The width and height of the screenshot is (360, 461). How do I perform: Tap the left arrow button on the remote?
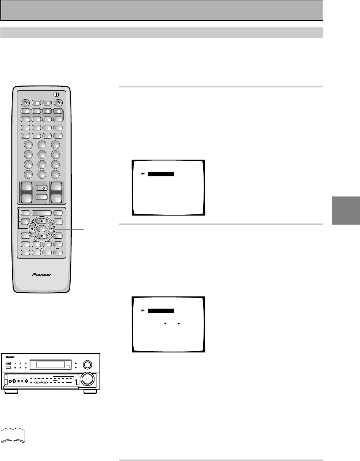coord(32,229)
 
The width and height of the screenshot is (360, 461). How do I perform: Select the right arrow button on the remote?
coord(51,229)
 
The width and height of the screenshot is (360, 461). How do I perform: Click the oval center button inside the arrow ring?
coord(42,229)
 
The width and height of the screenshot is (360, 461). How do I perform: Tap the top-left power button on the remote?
coord(25,102)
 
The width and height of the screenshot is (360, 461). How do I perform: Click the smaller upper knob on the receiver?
coord(87,364)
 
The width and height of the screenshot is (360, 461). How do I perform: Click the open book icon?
coord(13,435)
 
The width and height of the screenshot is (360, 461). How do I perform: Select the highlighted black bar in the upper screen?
coord(161,174)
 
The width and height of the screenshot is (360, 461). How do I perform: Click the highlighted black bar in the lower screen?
coord(161,311)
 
